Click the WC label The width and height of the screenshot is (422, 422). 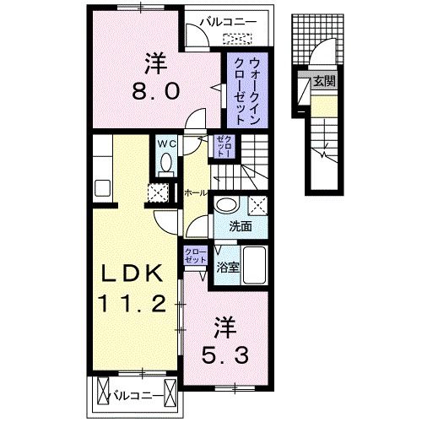pyautogui.click(x=165, y=143)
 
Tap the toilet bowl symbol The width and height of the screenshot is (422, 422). pyautogui.click(x=165, y=161)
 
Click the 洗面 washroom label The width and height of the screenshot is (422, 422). pyautogui.click(x=241, y=226)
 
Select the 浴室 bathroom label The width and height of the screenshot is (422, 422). pyautogui.click(x=227, y=269)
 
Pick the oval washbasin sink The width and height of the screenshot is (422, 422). pyautogui.click(x=225, y=205)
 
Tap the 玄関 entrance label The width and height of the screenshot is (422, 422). pyautogui.click(x=323, y=82)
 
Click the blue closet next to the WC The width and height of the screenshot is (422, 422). pyautogui.click(x=222, y=148)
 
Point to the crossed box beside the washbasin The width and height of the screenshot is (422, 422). pyautogui.click(x=259, y=204)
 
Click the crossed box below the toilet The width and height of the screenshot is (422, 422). pyautogui.click(x=158, y=192)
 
